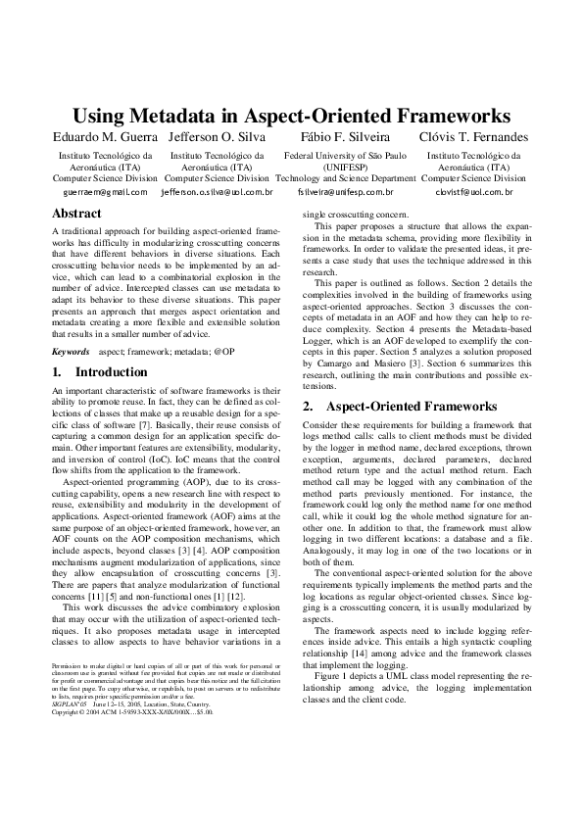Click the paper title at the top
(292, 115)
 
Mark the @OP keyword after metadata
(225, 350)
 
